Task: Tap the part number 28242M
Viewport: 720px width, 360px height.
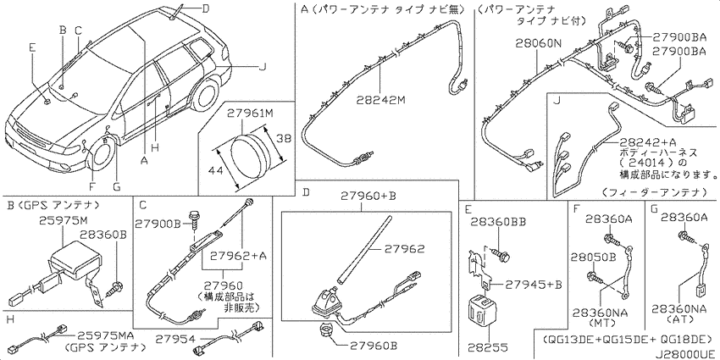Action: pyautogui.click(x=381, y=99)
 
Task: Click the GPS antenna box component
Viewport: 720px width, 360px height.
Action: pyautogui.click(x=68, y=262)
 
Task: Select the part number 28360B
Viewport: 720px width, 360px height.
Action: pyautogui.click(x=102, y=234)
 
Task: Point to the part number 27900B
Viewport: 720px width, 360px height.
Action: pyautogui.click(x=158, y=224)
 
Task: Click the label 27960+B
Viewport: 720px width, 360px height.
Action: pyautogui.click(x=368, y=197)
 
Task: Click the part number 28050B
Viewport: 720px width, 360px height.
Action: pyautogui.click(x=592, y=258)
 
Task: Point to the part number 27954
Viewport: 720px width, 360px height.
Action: pyautogui.click(x=171, y=340)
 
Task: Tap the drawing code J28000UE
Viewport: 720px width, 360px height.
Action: pyautogui.click(x=685, y=354)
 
